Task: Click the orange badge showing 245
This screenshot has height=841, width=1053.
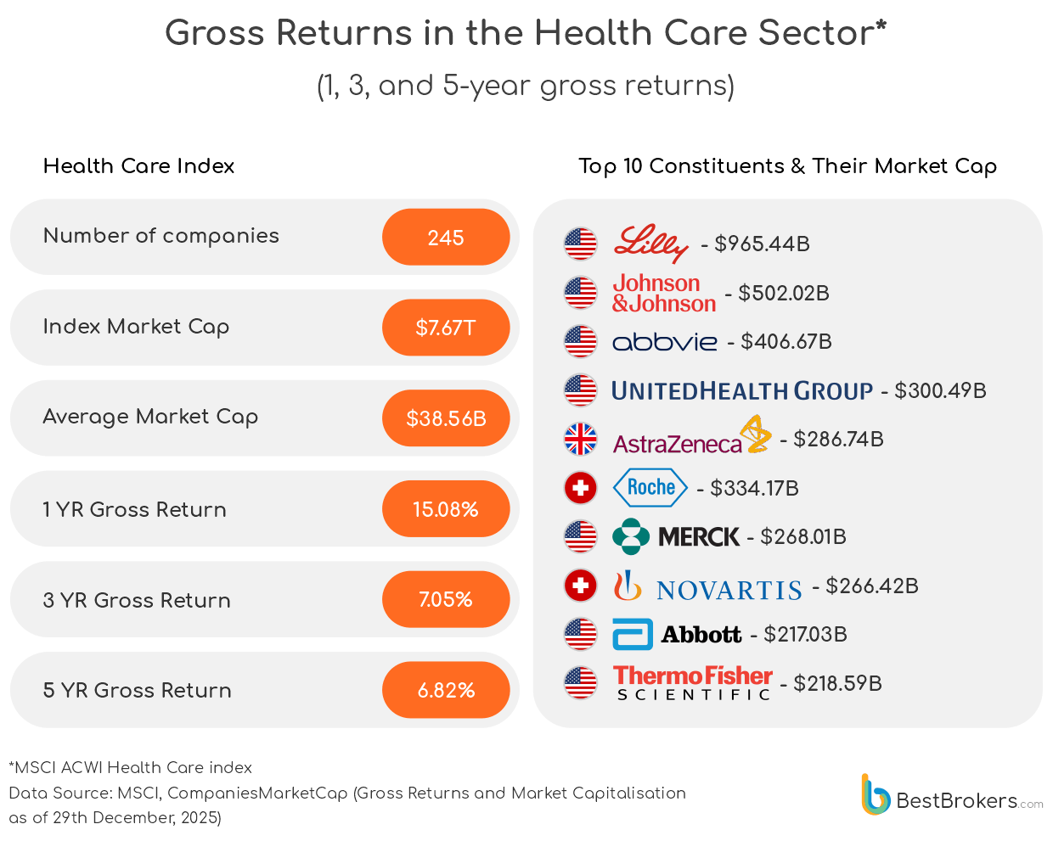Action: point(446,238)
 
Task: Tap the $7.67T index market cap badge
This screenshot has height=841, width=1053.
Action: point(446,328)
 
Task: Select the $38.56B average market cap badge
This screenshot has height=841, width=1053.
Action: point(446,418)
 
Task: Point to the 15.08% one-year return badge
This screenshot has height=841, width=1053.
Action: point(446,509)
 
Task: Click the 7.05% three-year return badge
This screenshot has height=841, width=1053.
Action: point(446,600)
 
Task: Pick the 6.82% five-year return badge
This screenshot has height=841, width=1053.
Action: point(446,690)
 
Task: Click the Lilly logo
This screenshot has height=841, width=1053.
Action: point(650,244)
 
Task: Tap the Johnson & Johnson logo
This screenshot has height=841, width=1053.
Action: point(664,294)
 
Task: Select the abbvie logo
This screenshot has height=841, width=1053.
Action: point(665,342)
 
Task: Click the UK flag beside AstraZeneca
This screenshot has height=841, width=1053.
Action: point(581,440)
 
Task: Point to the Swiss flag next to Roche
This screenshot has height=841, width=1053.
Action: point(581,488)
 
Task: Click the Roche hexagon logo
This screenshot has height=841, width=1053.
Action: point(650,488)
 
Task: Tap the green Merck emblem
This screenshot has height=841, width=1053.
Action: point(631,536)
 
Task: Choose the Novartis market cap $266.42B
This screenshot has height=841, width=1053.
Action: point(872,586)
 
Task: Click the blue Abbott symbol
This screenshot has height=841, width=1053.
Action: point(633,635)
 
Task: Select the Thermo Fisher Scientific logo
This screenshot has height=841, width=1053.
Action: point(693,683)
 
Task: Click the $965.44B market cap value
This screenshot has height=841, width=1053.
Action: point(762,244)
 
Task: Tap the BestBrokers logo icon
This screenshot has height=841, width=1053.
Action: point(875,795)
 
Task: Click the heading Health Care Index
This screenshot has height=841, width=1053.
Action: point(139,166)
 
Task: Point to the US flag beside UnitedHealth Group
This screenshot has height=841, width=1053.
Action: point(581,390)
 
